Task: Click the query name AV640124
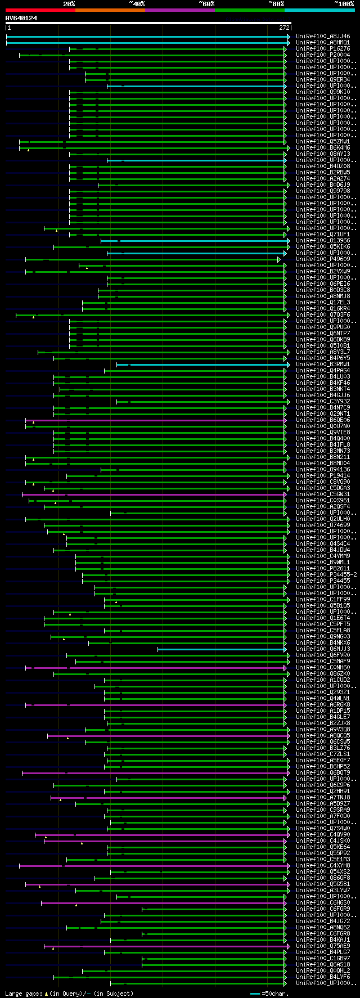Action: (21, 18)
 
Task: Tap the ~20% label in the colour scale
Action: (69, 4)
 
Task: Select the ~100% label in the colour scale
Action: (344, 4)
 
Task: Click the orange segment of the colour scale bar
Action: (110, 10)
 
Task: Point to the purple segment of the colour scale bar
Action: (179, 10)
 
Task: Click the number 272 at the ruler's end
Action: (284, 28)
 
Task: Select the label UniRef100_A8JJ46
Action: (323, 37)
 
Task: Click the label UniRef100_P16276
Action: (323, 49)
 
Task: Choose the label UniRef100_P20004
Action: (323, 55)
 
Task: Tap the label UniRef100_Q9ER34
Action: (323, 80)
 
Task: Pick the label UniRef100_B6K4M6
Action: (323, 148)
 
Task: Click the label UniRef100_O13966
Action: (323, 241)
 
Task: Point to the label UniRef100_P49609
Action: (323, 259)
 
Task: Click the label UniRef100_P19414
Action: (323, 476)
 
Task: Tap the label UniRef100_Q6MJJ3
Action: (323, 649)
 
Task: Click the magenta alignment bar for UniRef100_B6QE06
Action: (157, 420)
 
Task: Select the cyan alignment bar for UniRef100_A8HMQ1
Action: (146, 43)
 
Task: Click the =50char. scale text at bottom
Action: (275, 993)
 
